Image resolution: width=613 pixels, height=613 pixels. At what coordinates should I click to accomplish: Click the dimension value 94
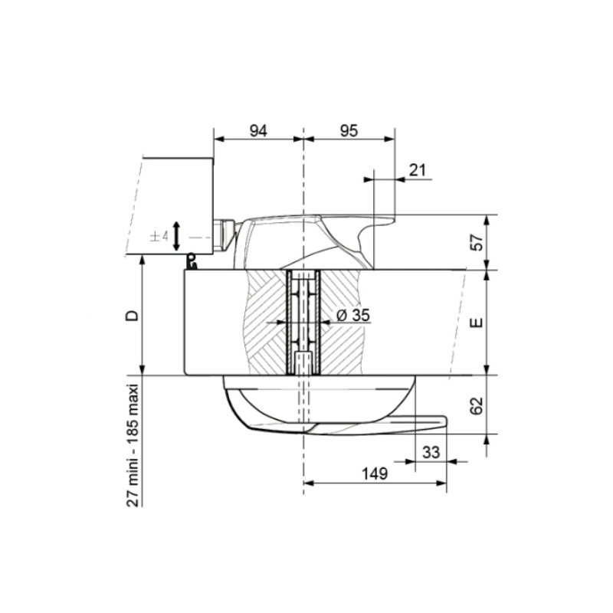point(258,130)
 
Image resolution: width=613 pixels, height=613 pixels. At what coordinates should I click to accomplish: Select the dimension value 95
point(349,130)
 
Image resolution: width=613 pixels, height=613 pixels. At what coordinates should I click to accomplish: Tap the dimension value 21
point(418,170)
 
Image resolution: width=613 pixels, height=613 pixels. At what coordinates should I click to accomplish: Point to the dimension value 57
point(475,243)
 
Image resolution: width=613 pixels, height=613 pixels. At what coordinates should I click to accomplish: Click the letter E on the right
point(476,323)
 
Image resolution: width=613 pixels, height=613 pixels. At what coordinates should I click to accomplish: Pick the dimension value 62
point(475,405)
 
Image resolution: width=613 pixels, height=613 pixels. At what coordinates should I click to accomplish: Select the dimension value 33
point(431,452)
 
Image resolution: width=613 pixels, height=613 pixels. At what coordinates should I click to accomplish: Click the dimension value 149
point(375,474)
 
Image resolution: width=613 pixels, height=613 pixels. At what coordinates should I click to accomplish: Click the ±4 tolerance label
point(159,237)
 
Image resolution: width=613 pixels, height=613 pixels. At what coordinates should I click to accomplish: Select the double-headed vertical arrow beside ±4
point(177,237)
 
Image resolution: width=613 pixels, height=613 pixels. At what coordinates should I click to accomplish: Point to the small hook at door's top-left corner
point(192,264)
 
